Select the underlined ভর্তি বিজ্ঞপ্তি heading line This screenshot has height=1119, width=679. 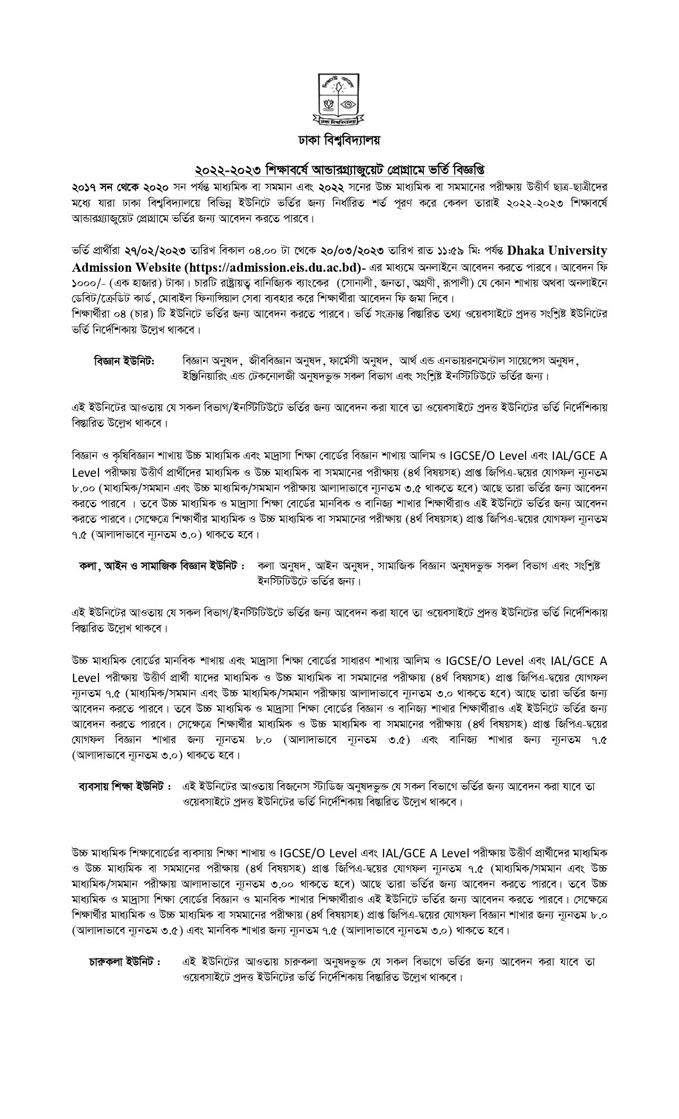[340, 171]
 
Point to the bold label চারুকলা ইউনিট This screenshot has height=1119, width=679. [125, 962]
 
